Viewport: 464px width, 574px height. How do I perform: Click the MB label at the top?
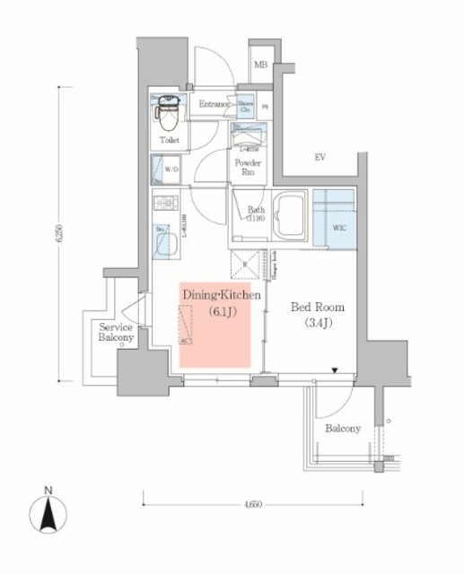(261, 65)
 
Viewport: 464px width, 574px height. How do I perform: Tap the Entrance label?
(216, 105)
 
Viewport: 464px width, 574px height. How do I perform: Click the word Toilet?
(169, 141)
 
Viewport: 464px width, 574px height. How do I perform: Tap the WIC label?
(340, 228)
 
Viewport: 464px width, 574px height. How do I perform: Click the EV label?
(319, 158)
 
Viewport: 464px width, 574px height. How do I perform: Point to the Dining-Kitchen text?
(222, 294)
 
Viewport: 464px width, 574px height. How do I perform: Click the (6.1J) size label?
(221, 311)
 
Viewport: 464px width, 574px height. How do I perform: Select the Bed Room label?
(315, 306)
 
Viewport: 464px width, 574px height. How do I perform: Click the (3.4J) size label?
(315, 323)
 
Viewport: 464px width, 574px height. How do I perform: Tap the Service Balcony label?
(117, 333)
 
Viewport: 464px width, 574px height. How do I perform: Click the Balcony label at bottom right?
(343, 429)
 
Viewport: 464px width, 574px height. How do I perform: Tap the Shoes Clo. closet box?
(246, 105)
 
